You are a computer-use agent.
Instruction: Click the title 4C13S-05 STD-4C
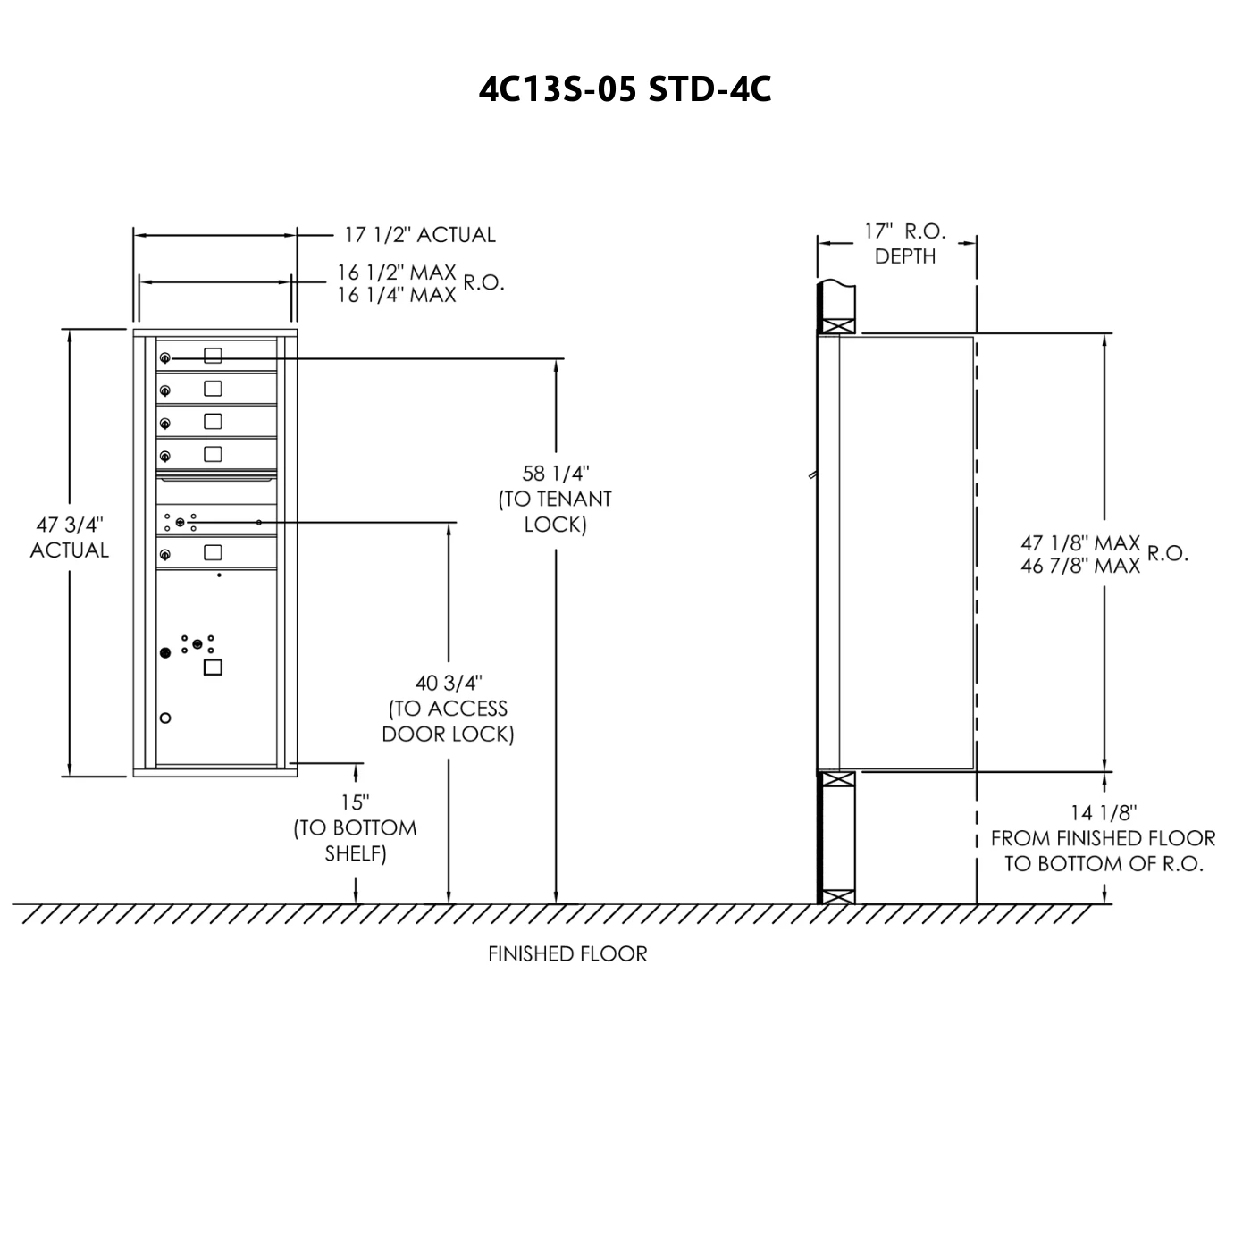point(625,89)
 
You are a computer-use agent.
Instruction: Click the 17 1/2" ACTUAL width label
point(419,234)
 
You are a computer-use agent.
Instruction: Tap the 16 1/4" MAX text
point(396,295)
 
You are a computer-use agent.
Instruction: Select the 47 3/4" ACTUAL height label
point(70,537)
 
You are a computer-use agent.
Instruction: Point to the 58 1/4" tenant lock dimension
point(555,499)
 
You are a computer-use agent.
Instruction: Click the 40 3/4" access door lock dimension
point(448,709)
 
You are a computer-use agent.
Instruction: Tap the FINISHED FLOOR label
point(567,953)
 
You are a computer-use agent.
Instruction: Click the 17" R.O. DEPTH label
point(904,243)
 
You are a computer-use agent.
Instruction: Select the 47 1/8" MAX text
point(1080,542)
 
